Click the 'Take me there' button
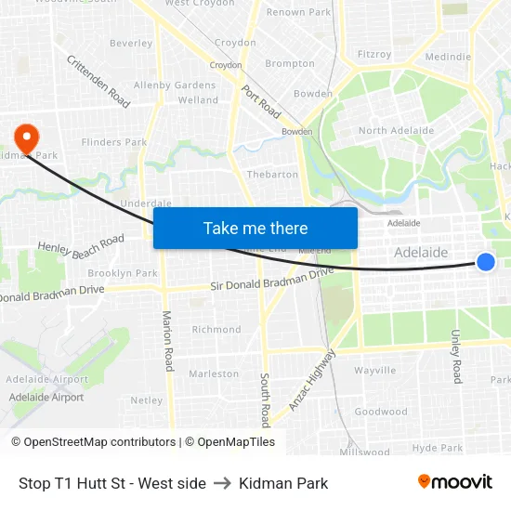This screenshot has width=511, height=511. [255, 229]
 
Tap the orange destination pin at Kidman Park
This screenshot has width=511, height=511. [26, 138]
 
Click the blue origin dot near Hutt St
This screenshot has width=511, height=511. [486, 262]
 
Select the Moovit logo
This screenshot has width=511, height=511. [454, 481]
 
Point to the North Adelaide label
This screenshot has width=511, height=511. [396, 131]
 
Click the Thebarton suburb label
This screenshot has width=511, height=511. [272, 175]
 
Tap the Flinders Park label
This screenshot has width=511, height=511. [114, 142]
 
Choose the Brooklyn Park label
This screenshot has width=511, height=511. [123, 274]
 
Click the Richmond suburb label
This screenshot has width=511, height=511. [216, 330]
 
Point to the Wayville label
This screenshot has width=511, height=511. [375, 370]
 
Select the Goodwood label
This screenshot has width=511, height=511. [381, 412]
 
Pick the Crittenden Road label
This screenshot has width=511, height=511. [98, 81]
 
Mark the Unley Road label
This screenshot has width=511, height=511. [456, 356]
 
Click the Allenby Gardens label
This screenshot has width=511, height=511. [175, 85]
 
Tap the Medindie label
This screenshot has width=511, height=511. [448, 57]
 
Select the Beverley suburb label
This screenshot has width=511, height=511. [131, 43]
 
